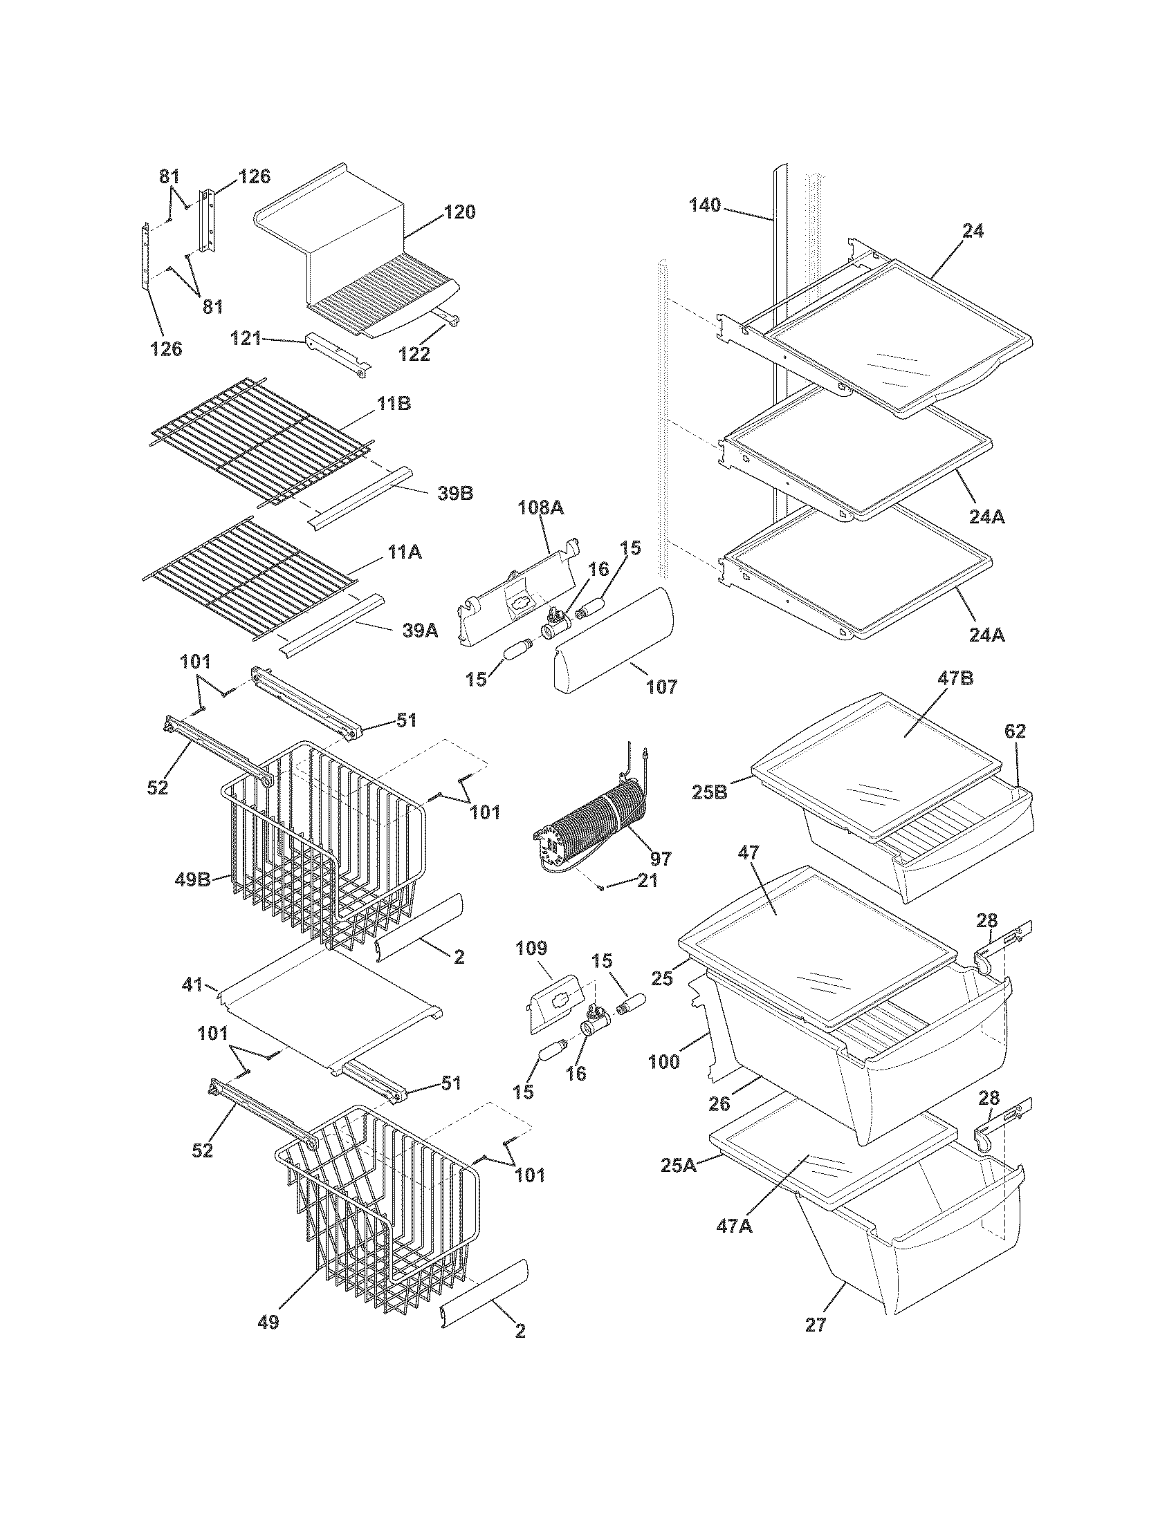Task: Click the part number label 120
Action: click(459, 212)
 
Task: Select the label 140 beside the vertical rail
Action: click(706, 205)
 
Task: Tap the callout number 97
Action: click(660, 859)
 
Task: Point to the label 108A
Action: click(541, 508)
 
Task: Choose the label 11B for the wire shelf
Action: click(394, 404)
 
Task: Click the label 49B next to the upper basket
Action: click(192, 879)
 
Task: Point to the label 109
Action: click(531, 949)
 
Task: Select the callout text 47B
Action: click(955, 679)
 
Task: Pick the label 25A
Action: click(679, 1164)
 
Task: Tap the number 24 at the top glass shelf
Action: click(973, 231)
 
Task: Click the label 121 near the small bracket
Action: click(246, 339)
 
